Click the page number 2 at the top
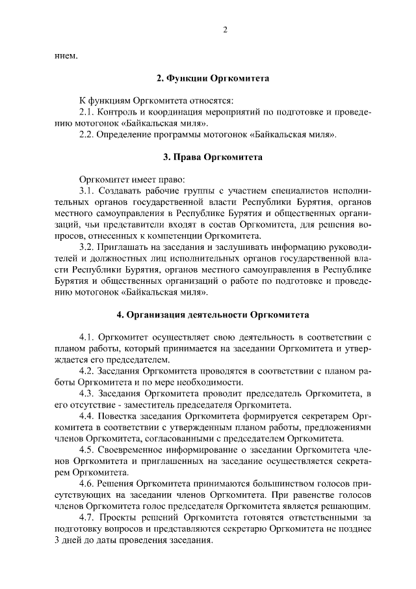224,29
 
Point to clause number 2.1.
87,113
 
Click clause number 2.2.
87,135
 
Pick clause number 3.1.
87,191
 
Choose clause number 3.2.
87,247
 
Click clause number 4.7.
87,516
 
